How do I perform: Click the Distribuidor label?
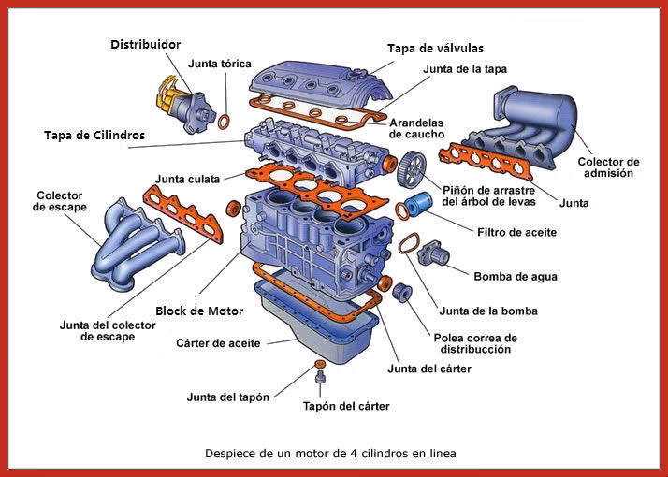[145, 44]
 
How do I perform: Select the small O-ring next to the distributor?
[224, 121]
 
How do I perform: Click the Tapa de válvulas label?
[435, 48]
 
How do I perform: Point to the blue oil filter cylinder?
[421, 203]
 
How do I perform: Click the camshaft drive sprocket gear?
[409, 168]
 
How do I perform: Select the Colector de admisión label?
[608, 166]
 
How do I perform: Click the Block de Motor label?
[199, 311]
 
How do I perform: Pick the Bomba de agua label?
[516, 276]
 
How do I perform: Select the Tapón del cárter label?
[346, 406]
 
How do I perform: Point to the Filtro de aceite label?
[516, 231]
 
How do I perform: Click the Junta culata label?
[187, 178]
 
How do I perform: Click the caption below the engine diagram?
[330, 453]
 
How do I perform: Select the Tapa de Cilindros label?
[94, 135]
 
